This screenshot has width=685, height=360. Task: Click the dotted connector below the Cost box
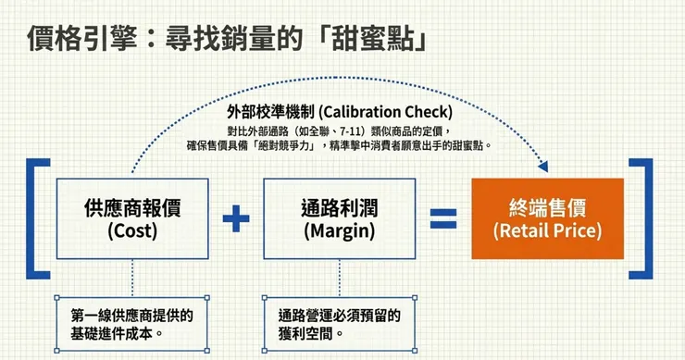[132, 278]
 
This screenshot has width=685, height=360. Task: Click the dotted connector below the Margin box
[340, 278]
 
